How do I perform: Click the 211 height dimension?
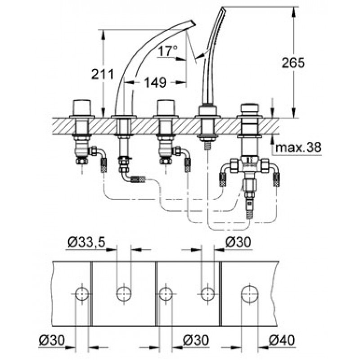[103, 74]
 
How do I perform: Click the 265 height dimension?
[293, 63]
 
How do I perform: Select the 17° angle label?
[167, 51]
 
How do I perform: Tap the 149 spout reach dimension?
[155, 82]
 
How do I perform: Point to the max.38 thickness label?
[298, 147]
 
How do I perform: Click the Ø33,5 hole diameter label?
[86, 242]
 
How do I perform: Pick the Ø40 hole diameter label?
[281, 340]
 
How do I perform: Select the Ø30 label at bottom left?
[52, 340]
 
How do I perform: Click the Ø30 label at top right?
[238, 242]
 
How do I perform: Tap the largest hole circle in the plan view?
[250, 294]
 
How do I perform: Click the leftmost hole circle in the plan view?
[82, 294]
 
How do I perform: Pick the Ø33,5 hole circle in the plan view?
[124, 294]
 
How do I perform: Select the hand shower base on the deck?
[207, 111]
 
